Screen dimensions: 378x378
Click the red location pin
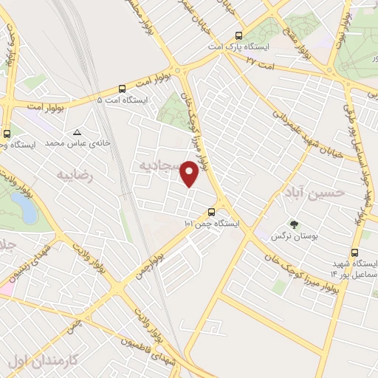[x=190, y=173]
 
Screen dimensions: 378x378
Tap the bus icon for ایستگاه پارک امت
[x=238, y=35]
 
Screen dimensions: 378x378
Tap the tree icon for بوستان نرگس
[x=295, y=224]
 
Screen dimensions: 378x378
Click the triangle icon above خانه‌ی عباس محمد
[x=78, y=133]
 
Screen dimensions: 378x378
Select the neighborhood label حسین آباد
[x=313, y=193]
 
